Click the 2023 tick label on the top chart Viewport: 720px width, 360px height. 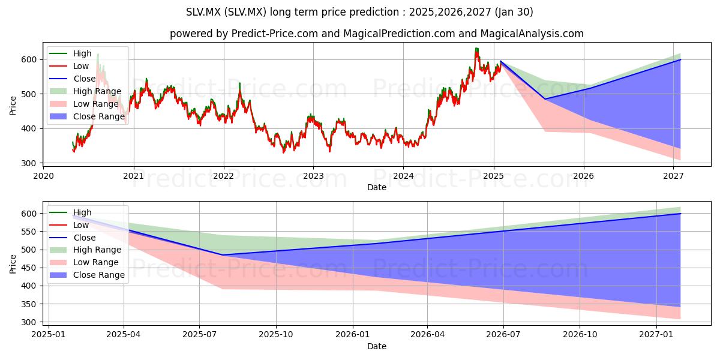[313, 176]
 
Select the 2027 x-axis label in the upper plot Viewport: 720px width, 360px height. [673, 176]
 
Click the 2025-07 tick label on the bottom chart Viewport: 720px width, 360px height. [199, 335]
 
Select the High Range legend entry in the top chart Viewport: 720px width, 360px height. [85, 91]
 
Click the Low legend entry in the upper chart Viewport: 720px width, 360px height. [69, 66]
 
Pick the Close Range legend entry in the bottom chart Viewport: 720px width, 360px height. [87, 275]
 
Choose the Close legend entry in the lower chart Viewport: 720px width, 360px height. [73, 238]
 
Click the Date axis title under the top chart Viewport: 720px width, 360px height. [377, 187]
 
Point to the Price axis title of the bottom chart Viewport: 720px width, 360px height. [13, 264]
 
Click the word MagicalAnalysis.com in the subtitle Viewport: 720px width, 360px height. [532, 34]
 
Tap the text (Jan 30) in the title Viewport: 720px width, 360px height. [514, 12]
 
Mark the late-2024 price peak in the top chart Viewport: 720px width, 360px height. [476, 48]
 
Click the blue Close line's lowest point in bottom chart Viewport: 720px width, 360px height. [222, 255]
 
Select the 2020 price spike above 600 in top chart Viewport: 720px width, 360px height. [98, 55]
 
